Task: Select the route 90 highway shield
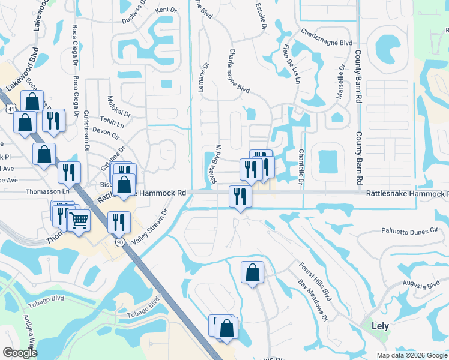[x=119, y=241]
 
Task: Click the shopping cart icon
[x=79, y=221]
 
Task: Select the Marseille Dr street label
[x=342, y=83]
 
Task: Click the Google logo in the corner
[x=20, y=353]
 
